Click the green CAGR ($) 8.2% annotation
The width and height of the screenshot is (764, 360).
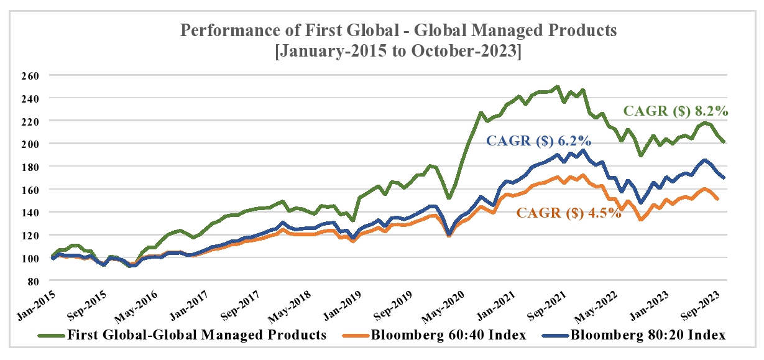coord(676,113)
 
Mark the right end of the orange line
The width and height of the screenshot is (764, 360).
coord(717,199)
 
